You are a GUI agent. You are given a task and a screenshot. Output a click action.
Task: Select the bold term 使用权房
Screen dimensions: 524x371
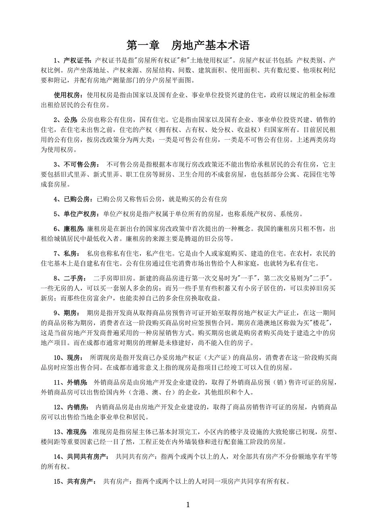[67, 95]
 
